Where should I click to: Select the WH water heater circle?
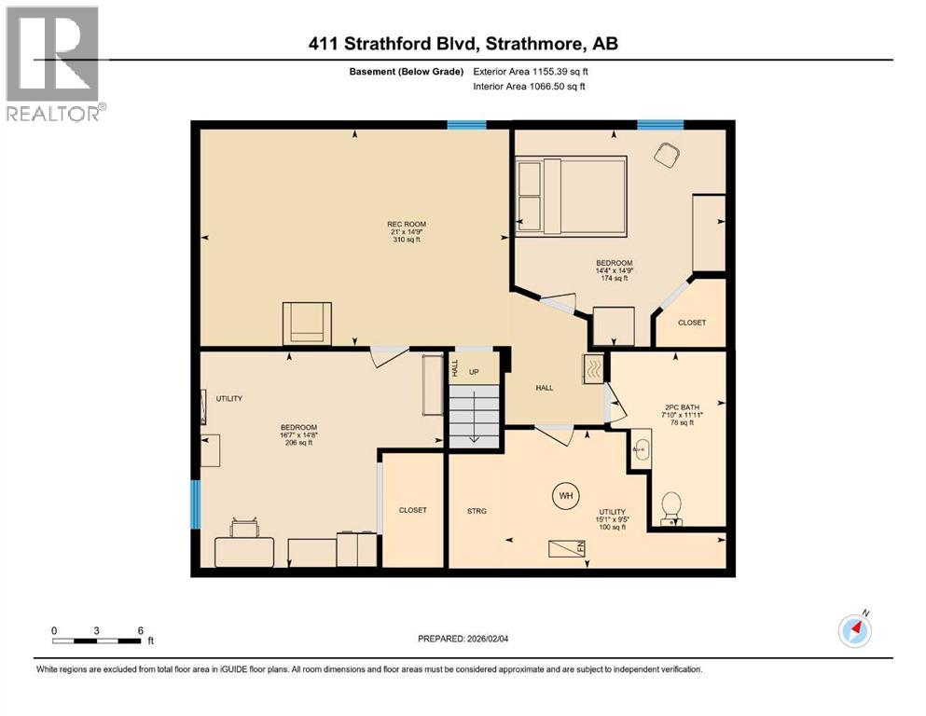[565, 495]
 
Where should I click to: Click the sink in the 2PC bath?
[641, 449]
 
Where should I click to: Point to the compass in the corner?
[855, 630]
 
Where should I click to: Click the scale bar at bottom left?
[97, 640]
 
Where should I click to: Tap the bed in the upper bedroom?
[572, 194]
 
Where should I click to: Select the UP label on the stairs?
[474, 372]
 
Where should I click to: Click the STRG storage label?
[477, 511]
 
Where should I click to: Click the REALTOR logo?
[53, 63]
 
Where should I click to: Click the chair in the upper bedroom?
[667, 154]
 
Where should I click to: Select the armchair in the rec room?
[307, 323]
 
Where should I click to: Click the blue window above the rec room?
[466, 125]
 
